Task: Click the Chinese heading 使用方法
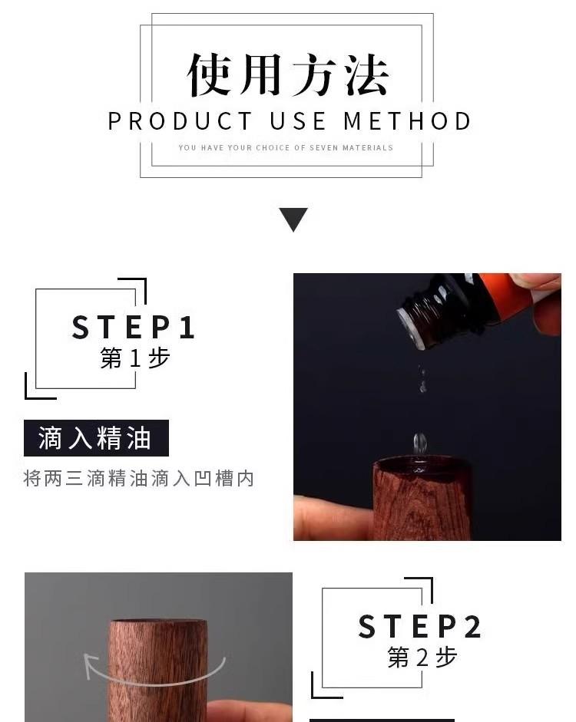point(288,74)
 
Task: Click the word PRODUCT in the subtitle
point(180,121)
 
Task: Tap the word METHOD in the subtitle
point(407,121)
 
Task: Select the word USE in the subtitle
point(298,121)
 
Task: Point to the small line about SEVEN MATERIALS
point(286,148)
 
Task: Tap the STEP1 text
point(133,328)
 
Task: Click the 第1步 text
point(135,358)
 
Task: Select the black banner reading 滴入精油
point(96,438)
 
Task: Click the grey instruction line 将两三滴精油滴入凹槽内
point(139,479)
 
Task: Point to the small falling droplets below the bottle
point(422,380)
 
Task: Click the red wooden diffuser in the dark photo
point(422,498)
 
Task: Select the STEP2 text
point(420,626)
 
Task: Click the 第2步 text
point(422,657)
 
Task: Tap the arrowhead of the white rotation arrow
point(91,663)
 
